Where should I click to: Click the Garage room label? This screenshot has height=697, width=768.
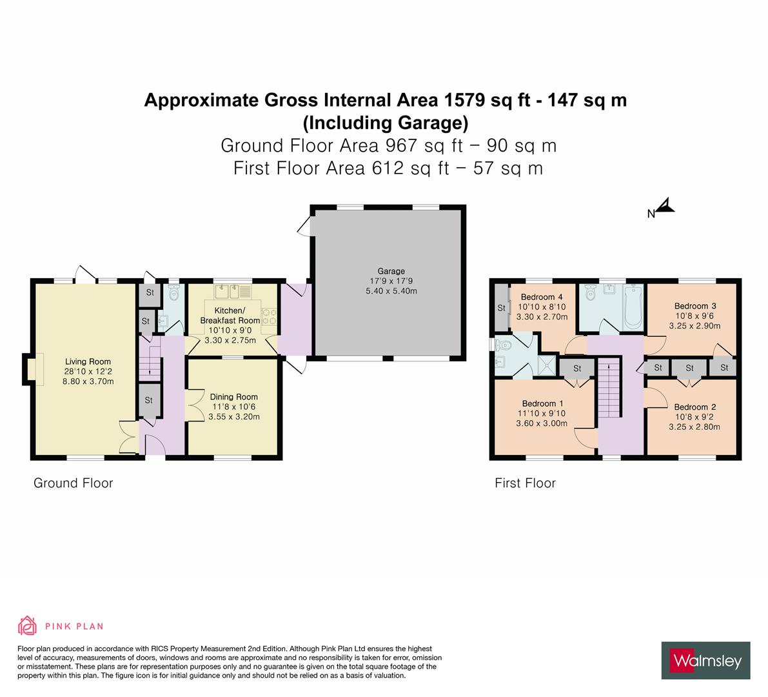tap(391, 271)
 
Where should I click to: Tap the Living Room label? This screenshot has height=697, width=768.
tap(87, 361)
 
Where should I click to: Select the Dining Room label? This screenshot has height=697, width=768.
tap(233, 397)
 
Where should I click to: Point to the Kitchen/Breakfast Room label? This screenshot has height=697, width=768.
tap(230, 316)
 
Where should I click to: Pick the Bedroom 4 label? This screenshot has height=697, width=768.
tap(542, 297)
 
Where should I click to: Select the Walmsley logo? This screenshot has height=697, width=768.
tap(705, 660)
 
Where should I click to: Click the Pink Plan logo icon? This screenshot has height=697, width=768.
tap(27, 625)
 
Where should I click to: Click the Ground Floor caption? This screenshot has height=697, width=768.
tap(73, 483)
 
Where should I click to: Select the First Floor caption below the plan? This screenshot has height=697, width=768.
tap(525, 483)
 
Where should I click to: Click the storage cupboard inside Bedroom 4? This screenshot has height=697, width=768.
tap(501, 308)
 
